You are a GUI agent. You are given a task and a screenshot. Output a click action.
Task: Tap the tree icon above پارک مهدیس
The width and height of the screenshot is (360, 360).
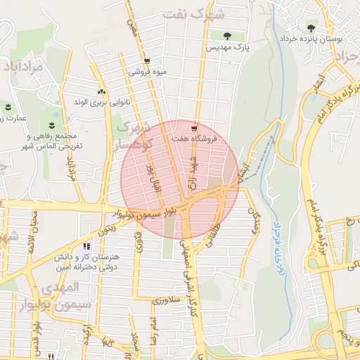click(227, 36)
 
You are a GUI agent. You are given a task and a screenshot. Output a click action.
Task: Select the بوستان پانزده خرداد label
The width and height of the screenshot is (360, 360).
click(310, 39)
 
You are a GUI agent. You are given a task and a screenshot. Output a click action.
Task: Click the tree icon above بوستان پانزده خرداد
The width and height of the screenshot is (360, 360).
click(310, 27)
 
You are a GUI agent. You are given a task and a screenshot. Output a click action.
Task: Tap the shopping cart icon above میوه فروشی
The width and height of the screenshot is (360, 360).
click(147, 60)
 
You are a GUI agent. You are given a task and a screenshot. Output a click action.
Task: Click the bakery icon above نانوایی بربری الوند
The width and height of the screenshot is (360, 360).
click(102, 91)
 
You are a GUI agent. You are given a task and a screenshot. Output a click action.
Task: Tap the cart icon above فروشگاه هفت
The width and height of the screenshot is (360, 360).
click(194, 129)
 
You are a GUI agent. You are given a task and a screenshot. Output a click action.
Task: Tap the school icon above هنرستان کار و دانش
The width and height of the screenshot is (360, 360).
click(86, 247)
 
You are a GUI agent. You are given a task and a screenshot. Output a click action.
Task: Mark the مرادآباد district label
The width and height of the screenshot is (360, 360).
click(23, 67)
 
